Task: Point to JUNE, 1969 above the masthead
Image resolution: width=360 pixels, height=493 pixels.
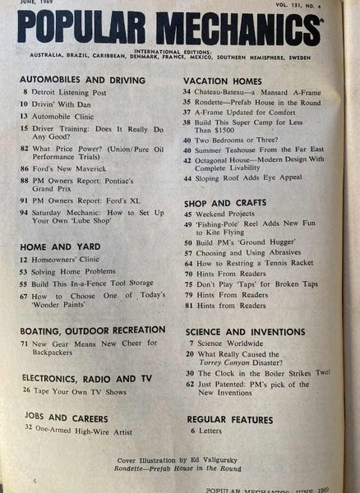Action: point(35,5)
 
